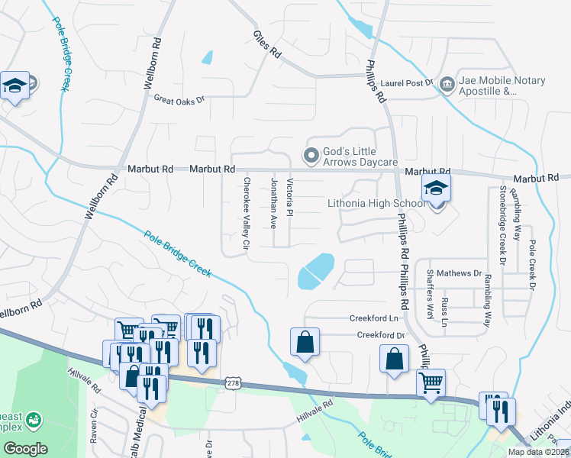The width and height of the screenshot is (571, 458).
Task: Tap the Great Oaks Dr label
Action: click(180, 99)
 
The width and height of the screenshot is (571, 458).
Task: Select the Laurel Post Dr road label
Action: click(407, 82)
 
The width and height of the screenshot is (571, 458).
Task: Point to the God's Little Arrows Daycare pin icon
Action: click(311, 156)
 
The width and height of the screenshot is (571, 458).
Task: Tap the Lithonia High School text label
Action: click(376, 204)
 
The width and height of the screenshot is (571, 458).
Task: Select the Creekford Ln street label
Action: click(375, 318)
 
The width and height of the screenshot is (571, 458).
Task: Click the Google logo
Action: click(25, 449)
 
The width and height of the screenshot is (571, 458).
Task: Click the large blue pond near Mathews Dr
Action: click(315, 271)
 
